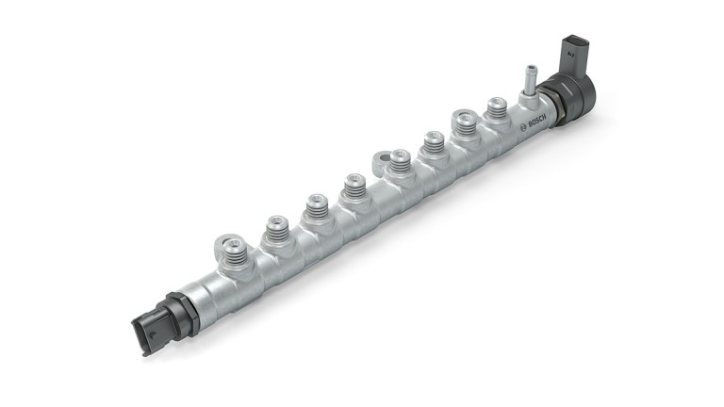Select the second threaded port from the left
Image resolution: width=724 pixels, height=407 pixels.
click(276, 227)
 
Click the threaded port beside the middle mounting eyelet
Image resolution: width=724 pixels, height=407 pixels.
click(400, 162)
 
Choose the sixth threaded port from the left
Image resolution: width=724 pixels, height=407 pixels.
click(434, 141)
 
